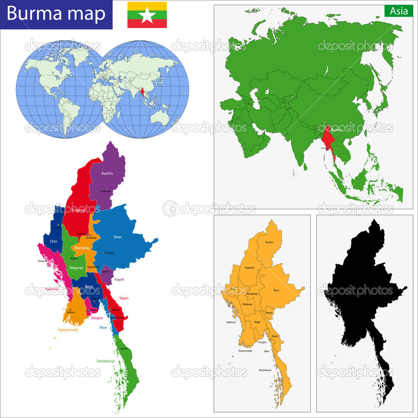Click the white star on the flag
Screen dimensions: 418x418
point(147,15)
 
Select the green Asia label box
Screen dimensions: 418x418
point(398,11)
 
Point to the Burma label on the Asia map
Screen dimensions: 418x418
point(336,130)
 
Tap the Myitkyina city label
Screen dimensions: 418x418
point(106,191)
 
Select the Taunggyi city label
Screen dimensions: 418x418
point(109,253)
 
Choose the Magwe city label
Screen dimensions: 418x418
point(74,258)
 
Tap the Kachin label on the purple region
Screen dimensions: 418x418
point(107,173)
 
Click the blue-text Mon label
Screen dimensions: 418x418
point(103,327)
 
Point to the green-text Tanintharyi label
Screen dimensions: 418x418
point(105,361)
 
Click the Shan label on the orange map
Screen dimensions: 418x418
point(276,290)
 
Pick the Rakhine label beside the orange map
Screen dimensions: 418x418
point(231,322)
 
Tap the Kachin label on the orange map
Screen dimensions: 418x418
point(269,242)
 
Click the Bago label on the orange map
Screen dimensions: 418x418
point(257,322)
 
